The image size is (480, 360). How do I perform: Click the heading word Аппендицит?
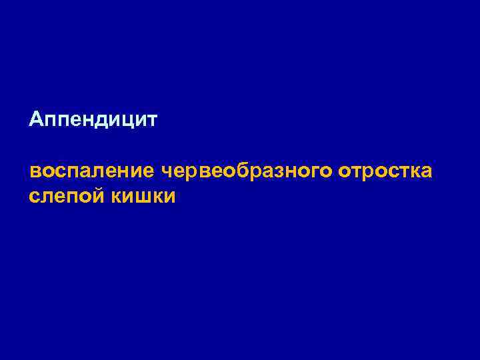coord(93,121)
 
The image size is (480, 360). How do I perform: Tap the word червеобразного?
coord(247,171)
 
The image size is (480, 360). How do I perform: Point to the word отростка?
coord(385,171)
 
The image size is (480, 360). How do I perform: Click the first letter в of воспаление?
coord(35,172)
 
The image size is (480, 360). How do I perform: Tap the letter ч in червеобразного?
coord(167,172)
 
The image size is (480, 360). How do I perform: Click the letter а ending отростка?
coord(427,172)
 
